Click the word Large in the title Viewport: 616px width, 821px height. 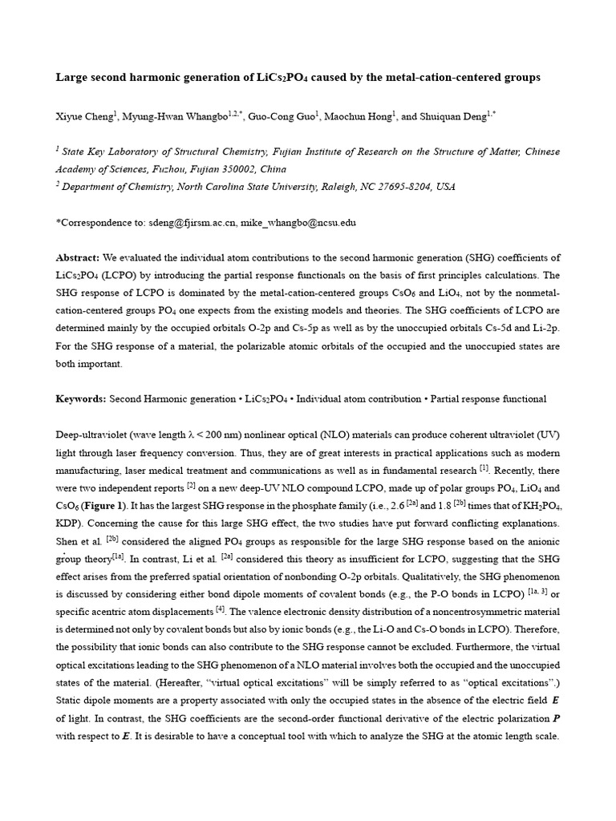point(72,78)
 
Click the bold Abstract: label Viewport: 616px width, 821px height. point(77,257)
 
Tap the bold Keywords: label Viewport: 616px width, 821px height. point(80,398)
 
